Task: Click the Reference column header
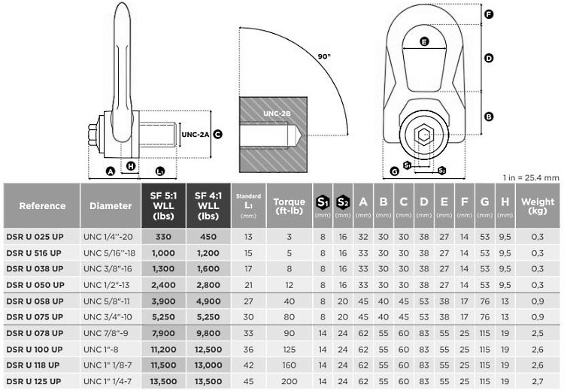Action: tap(42, 205)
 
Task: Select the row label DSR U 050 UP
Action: tap(35, 285)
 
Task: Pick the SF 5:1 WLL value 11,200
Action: tap(162, 349)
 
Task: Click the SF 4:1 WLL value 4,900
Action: tap(208, 301)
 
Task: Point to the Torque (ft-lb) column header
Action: tap(289, 205)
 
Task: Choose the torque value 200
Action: tap(289, 380)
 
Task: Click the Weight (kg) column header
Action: tap(538, 205)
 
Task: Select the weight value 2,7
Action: tap(538, 380)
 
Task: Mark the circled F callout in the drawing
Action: tap(489, 14)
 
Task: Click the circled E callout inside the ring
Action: tap(425, 42)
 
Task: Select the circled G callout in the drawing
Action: tap(395, 172)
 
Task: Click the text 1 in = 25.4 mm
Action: tap(531, 177)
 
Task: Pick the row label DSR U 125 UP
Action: tap(35, 380)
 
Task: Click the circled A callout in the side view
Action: tap(110, 171)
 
